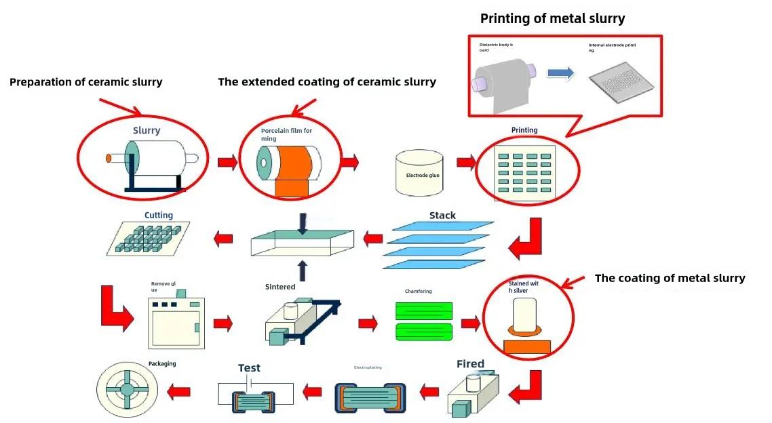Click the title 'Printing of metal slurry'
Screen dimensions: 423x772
click(552, 18)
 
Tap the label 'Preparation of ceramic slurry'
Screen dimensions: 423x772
click(85, 82)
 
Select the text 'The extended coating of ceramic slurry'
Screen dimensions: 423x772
click(326, 82)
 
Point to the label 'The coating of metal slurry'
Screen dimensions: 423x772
click(670, 278)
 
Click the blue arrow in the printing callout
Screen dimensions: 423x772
click(560, 73)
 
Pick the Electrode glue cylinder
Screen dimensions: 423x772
click(419, 174)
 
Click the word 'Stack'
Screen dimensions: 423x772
click(442, 216)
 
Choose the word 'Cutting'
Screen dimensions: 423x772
click(158, 215)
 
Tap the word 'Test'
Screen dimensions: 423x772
click(249, 368)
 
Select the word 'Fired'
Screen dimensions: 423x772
click(470, 364)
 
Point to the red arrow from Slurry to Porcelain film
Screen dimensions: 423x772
click(227, 162)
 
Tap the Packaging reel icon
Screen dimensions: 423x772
click(127, 391)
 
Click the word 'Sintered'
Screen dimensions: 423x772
click(279, 287)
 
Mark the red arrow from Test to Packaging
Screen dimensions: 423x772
click(179, 391)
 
